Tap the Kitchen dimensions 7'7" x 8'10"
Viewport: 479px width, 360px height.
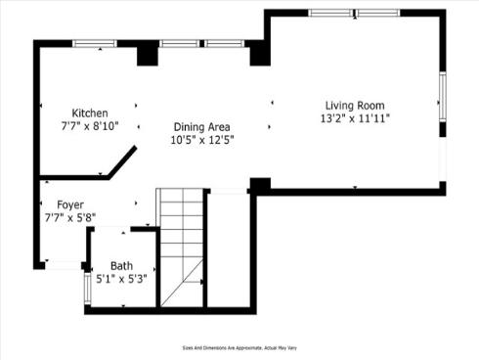90,125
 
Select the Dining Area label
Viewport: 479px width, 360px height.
202,127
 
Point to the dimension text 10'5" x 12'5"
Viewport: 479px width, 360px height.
203,140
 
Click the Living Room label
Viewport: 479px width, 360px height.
355,106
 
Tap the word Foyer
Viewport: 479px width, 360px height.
69,204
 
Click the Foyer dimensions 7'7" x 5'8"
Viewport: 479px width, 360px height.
69,216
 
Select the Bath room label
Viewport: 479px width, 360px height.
121,266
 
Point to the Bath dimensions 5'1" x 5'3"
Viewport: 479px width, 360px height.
121,278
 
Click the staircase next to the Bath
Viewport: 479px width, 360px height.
181,245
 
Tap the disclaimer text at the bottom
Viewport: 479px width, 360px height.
239,347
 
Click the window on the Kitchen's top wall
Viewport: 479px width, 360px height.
94,43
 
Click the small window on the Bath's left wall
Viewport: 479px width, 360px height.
87,287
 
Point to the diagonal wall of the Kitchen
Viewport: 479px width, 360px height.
122,162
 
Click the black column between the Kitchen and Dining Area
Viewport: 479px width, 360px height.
147,55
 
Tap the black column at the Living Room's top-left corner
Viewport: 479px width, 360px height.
260,53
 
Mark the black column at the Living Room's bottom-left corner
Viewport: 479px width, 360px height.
260,184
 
